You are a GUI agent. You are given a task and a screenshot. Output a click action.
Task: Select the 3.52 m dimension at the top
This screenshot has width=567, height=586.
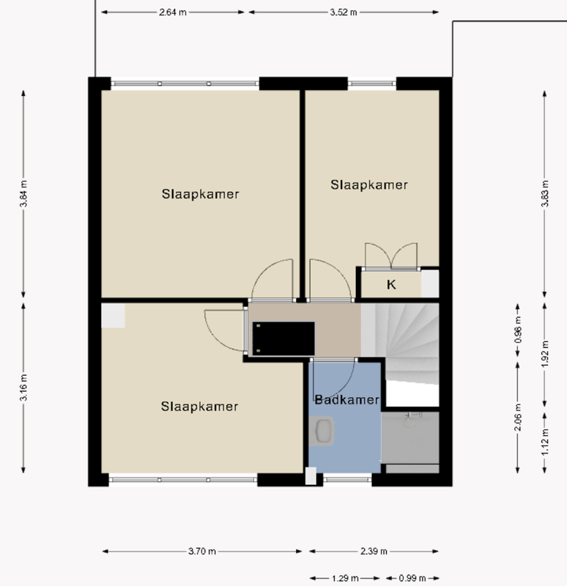click(343, 12)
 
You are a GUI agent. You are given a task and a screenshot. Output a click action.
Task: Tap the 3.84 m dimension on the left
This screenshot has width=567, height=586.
click(23, 194)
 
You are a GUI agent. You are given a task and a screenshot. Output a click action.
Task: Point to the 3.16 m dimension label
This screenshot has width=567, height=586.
click(23, 388)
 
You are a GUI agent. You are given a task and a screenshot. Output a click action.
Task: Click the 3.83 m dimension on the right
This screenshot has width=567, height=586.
click(544, 194)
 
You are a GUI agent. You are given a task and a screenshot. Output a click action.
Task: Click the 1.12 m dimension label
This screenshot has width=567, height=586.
click(544, 442)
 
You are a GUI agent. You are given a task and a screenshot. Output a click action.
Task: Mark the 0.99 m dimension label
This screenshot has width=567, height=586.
click(412, 576)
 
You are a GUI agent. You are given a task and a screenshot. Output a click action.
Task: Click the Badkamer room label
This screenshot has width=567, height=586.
click(346, 400)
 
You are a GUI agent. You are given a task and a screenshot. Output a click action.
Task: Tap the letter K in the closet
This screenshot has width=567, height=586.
click(391, 285)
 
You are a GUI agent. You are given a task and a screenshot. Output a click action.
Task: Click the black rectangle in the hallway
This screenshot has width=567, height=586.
click(283, 338)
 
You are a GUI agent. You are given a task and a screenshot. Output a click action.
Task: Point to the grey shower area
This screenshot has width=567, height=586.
click(410, 439)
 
